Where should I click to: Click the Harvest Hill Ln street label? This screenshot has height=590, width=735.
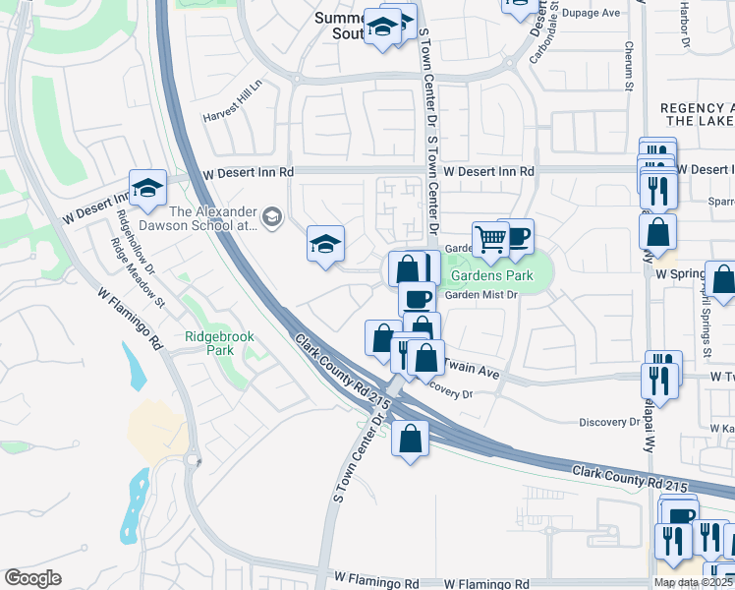pos(234,100)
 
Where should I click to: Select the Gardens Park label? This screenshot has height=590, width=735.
pos(491,275)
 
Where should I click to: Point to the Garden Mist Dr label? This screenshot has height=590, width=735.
pos(481,295)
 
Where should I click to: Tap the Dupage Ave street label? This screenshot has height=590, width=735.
pos(595,13)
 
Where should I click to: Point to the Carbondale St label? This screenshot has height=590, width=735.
pos(554,20)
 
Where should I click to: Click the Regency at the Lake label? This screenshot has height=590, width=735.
pos(698,114)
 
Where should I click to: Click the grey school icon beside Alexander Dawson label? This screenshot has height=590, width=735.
pos(272,217)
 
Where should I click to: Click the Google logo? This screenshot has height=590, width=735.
pos(32,578)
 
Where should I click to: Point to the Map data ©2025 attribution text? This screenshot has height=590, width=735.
pos(693,583)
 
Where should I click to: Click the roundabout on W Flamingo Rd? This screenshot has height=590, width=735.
pos(194,460)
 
